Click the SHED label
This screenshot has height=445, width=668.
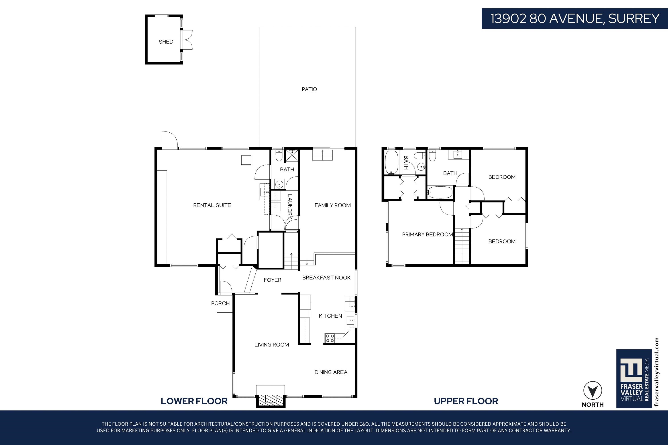click(x=166, y=42)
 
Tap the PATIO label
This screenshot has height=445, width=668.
click(x=309, y=89)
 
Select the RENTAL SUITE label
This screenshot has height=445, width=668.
click(x=212, y=205)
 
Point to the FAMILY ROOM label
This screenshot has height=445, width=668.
click(x=333, y=205)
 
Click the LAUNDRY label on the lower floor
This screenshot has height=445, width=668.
click(x=290, y=206)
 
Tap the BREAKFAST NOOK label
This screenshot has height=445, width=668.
click(x=326, y=277)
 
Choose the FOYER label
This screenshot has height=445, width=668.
click(x=272, y=280)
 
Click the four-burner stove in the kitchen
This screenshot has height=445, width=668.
click(x=330, y=338)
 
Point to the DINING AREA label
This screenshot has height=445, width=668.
click(x=331, y=372)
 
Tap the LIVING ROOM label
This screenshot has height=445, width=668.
click(x=271, y=344)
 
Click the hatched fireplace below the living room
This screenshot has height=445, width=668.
click(x=270, y=401)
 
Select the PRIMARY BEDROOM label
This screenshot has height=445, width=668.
click(x=428, y=235)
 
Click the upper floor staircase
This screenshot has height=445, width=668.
click(x=462, y=246)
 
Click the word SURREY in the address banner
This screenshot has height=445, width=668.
click(x=634, y=19)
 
